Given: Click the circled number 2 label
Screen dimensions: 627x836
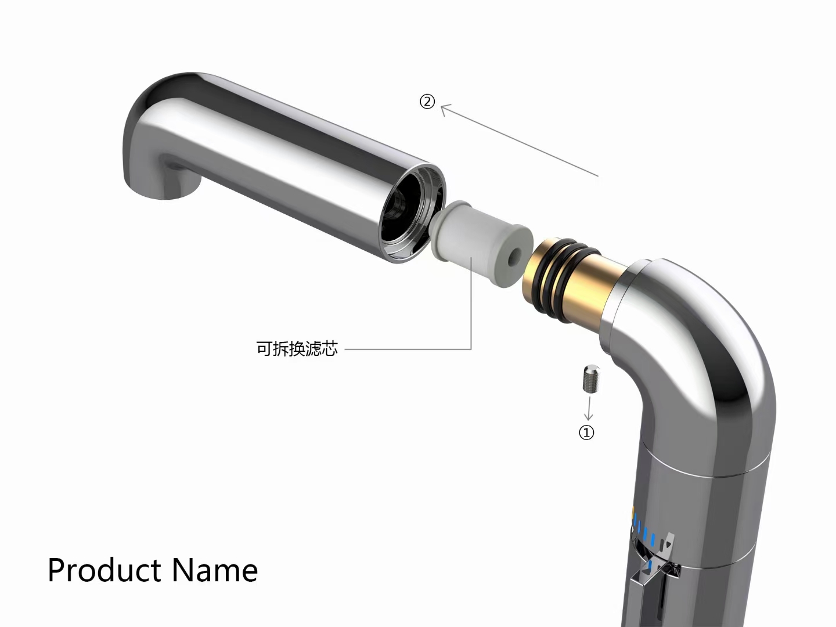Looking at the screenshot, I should click(427, 102).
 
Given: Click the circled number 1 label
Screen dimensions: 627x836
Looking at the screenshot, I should click(586, 433).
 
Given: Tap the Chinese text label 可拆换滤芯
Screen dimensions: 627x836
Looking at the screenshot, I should click(297, 349).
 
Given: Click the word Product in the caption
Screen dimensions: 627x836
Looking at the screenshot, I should click(104, 570).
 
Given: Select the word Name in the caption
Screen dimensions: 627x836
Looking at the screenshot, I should click(215, 570).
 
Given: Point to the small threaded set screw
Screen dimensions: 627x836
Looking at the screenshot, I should click(590, 378).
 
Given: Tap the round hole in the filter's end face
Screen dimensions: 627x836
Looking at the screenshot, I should click(514, 259).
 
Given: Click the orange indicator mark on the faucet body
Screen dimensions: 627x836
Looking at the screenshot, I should click(632, 510).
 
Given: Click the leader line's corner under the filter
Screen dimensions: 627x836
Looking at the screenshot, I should click(471, 349).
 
